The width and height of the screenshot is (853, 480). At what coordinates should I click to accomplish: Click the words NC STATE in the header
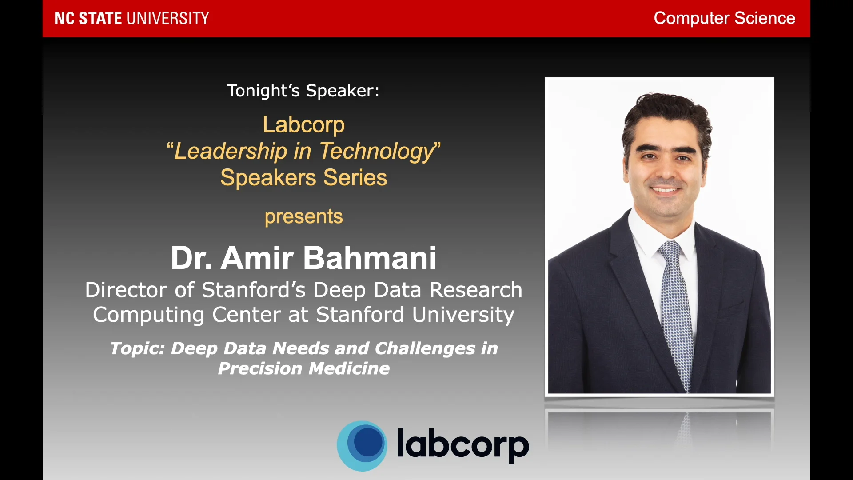click(88, 18)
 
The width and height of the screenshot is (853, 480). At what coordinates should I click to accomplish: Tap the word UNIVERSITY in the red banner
click(167, 18)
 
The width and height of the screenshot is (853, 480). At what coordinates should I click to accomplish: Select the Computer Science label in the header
click(724, 18)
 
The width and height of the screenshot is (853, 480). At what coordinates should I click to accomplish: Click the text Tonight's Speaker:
click(303, 91)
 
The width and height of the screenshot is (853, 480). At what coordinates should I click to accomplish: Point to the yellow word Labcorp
click(303, 124)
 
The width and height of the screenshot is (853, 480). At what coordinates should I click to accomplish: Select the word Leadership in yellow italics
click(231, 151)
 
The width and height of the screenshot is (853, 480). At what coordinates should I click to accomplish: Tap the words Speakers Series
click(303, 177)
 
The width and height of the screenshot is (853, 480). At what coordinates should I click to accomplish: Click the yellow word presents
click(303, 216)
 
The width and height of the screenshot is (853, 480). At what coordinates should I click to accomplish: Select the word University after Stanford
click(463, 315)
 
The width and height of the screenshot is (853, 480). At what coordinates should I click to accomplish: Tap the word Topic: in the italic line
click(137, 348)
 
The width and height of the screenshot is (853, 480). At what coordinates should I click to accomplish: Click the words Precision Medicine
click(303, 368)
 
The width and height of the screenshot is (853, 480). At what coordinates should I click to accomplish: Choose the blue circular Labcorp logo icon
click(362, 445)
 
